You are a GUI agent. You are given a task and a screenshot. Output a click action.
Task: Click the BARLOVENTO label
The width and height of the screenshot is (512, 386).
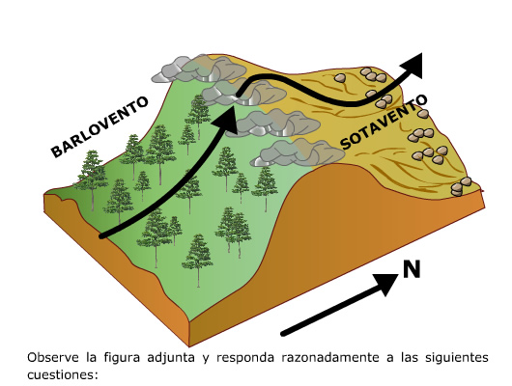pyautogui.click(x=100, y=126)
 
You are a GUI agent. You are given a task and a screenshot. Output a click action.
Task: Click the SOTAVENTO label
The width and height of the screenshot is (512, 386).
pyautogui.click(x=384, y=122)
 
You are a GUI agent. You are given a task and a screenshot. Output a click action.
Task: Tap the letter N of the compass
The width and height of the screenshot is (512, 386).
pyautogui.click(x=412, y=269)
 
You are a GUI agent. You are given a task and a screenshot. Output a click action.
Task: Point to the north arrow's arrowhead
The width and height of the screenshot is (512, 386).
pyautogui.click(x=385, y=284)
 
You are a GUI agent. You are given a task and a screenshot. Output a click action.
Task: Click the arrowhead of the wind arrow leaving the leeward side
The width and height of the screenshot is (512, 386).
pyautogui.click(x=412, y=67)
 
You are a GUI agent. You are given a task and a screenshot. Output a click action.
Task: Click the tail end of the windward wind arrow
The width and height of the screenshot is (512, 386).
pyautogui.click(x=102, y=235)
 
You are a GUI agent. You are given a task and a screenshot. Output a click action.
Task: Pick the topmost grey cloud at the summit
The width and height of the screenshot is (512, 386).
pyautogui.click(x=199, y=69)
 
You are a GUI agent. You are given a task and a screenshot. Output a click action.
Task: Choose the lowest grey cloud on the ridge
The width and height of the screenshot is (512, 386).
pyautogui.click(x=298, y=152)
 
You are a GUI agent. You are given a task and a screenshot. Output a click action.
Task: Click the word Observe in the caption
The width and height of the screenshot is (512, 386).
pyautogui.click(x=53, y=358)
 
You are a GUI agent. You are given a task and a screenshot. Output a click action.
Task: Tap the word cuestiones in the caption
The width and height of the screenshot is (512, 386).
pyautogui.click(x=63, y=374)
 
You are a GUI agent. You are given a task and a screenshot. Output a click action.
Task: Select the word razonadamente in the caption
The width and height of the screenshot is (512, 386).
pyautogui.click(x=330, y=358)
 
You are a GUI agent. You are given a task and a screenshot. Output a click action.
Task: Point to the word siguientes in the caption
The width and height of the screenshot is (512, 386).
pyautogui.click(x=457, y=358)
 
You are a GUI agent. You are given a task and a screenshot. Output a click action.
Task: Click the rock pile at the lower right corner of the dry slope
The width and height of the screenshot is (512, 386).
pyautogui.click(x=461, y=186)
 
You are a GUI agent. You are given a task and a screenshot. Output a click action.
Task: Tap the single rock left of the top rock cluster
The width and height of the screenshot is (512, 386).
pyautogui.click(x=340, y=78)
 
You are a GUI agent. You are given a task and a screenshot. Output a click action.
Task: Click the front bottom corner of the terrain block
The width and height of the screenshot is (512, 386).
pyautogui.click(x=189, y=345)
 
